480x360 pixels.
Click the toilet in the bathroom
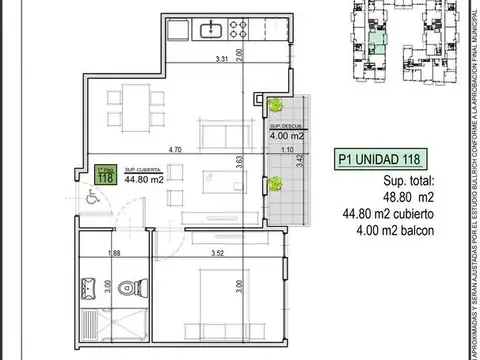pos(125,289)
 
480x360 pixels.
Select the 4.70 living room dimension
pos(174,150)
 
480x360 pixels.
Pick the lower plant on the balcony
pos(273,182)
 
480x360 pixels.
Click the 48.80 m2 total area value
pos(380,197)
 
